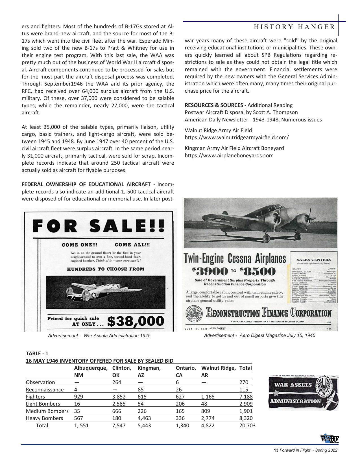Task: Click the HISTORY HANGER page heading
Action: [x=294, y=27]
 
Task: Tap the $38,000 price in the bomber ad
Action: [x=136, y=321]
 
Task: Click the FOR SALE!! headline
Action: [x=99, y=226]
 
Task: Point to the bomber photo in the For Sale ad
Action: [x=105, y=292]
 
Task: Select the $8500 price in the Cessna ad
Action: [x=258, y=271]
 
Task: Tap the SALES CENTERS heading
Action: [x=313, y=260]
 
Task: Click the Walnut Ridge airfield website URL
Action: [x=237, y=138]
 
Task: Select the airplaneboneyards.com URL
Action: [x=229, y=155]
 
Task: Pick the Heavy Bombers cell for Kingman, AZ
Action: [x=144, y=418]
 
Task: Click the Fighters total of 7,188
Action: [x=246, y=397]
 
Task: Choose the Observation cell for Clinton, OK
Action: [x=117, y=382]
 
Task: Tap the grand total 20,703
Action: [x=247, y=425]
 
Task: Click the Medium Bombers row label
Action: [x=47, y=411]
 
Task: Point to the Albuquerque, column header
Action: [x=91, y=368]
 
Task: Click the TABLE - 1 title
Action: [x=37, y=353]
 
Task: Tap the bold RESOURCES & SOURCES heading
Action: [x=214, y=105]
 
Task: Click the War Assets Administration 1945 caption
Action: [x=99, y=336]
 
